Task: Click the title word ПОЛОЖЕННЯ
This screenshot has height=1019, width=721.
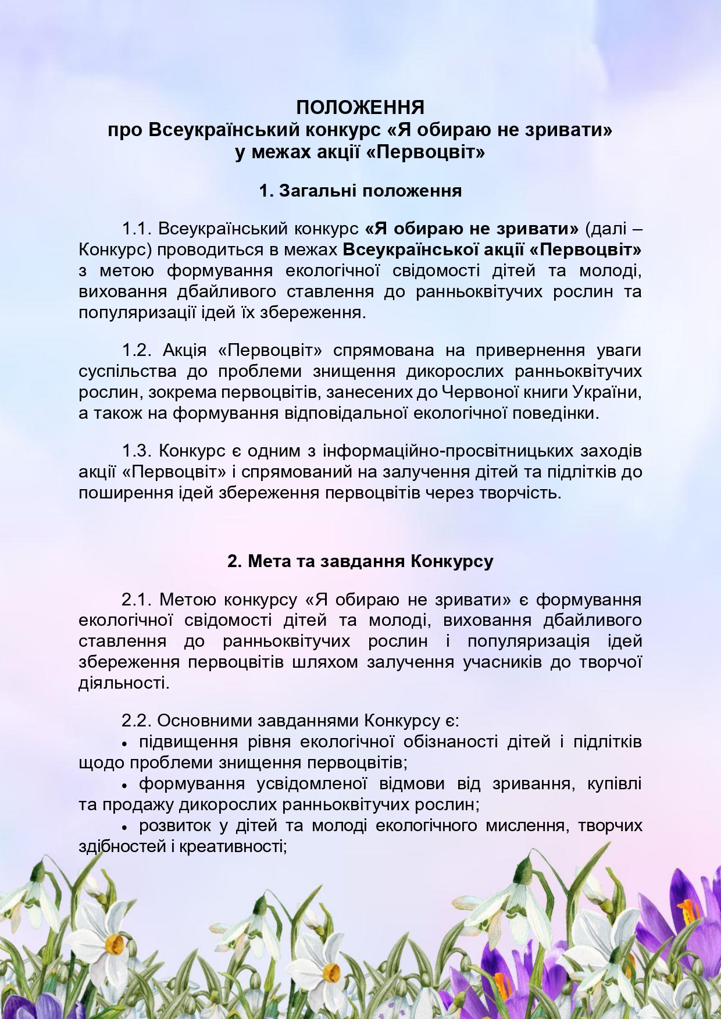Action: pyautogui.click(x=360, y=108)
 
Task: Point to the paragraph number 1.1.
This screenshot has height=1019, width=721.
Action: pyautogui.click(x=137, y=229)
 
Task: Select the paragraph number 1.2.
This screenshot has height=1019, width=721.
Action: pyautogui.click(x=137, y=350)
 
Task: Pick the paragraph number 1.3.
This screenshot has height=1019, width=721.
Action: pyautogui.click(x=137, y=451)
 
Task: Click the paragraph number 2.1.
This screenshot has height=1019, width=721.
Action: pyautogui.click(x=137, y=599)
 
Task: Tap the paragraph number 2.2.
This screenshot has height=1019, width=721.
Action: pyautogui.click(x=137, y=721)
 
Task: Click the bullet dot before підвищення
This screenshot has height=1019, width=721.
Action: pyautogui.click(x=125, y=743)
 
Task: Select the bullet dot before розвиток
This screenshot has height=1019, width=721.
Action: pyautogui.click(x=125, y=827)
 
